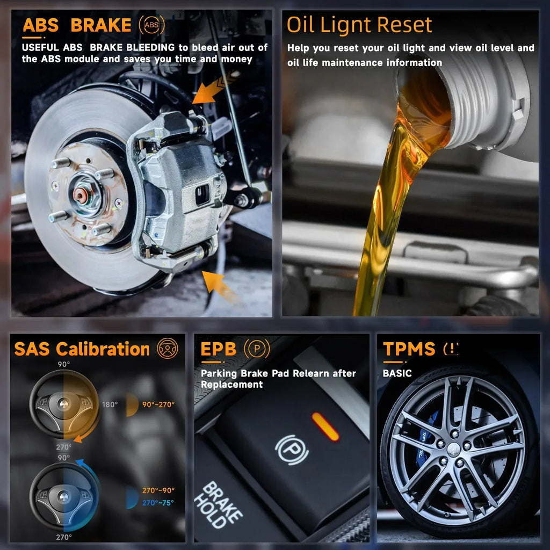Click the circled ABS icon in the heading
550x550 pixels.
click(x=151, y=25)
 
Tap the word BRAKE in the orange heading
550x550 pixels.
click(x=101, y=25)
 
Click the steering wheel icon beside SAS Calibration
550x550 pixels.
click(x=168, y=348)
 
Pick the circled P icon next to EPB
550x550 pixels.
click(x=257, y=349)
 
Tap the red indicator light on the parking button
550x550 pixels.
click(x=325, y=426)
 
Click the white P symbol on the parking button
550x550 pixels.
click(x=292, y=450)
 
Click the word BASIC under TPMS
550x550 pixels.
click(x=397, y=373)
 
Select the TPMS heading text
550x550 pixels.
click(x=409, y=349)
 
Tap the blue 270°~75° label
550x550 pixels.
click(x=158, y=503)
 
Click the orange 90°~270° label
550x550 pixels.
click(x=158, y=404)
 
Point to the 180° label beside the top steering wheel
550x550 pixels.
click(x=110, y=404)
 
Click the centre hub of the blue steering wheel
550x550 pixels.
click(x=63, y=496)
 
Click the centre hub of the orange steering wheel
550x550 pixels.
click(x=63, y=404)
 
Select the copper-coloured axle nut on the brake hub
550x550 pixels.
click(x=81, y=195)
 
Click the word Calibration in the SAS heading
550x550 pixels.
click(x=103, y=349)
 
